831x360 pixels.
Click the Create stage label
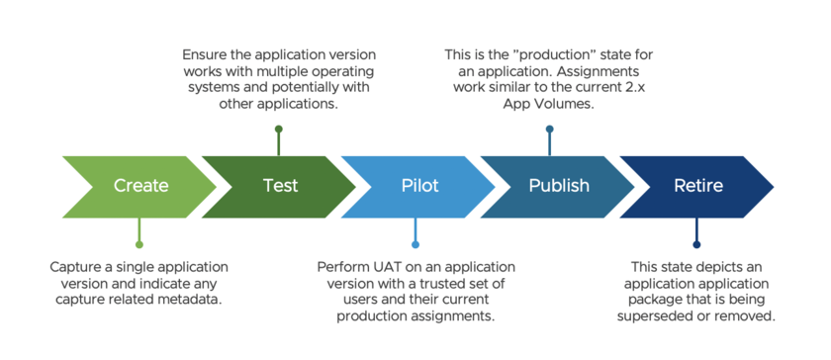point(140,185)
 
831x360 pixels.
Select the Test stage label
point(280,185)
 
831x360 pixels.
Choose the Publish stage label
point(559,185)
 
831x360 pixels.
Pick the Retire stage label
point(697,185)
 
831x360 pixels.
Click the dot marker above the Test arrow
point(279,129)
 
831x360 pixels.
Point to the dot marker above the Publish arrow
point(549,129)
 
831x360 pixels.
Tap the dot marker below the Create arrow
point(139,243)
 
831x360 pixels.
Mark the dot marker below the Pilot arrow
point(415,243)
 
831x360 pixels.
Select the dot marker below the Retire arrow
point(696,243)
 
